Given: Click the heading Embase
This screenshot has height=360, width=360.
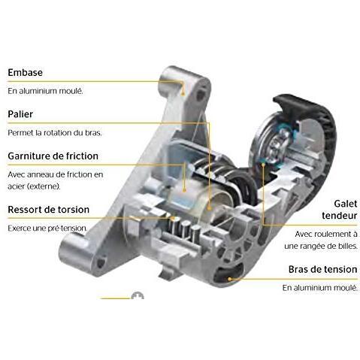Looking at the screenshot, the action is point(25,72).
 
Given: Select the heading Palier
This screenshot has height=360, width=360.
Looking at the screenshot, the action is point(20,114).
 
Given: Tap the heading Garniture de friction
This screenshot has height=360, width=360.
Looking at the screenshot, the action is point(53,156).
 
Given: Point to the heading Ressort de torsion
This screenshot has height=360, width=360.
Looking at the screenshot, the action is point(48,210).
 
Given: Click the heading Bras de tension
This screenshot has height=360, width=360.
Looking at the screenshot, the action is point(322,269).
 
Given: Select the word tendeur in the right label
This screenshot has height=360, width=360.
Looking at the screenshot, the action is point(340,216).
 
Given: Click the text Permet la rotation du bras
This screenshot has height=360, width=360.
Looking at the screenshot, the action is point(55,132).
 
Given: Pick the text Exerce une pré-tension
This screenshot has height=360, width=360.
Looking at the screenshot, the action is point(47,228).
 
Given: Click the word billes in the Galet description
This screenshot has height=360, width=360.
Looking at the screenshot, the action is point(349,246).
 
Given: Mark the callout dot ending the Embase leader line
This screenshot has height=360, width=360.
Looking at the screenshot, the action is point(183,94).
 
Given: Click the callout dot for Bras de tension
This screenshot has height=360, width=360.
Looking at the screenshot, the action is point(229,279).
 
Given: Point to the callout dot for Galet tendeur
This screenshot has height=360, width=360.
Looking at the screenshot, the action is point(263,165).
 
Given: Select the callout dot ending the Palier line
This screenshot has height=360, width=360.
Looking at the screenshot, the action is point(210,207).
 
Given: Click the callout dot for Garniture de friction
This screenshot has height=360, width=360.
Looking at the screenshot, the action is point(184,190).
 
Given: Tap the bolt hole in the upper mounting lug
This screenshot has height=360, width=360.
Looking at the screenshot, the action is point(200,95).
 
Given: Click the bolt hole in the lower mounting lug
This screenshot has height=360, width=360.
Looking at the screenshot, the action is point(101,263).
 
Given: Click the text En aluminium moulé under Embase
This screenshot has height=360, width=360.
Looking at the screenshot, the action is point(45,91).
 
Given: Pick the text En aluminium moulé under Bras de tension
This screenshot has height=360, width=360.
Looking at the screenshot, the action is point(320,288).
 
